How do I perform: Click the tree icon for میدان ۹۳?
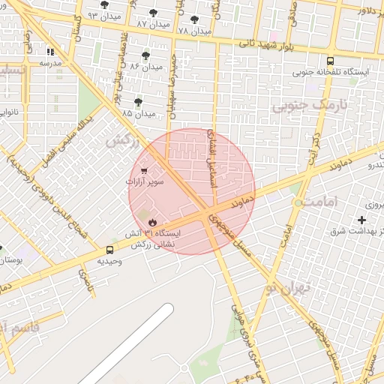[x=104, y=5]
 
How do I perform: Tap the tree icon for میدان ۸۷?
[x=154, y=13]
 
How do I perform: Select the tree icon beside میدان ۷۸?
[x=195, y=20]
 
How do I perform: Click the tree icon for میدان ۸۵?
[x=138, y=101]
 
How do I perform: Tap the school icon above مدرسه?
[x=50, y=52]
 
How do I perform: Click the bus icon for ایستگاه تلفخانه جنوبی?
[x=330, y=61]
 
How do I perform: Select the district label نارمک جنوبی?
[x=301, y=105]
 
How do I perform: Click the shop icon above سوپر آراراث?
[x=143, y=171]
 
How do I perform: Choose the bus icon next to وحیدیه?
[x=110, y=250]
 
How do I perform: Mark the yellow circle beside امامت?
[x=298, y=203]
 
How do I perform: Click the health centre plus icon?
[x=363, y=220]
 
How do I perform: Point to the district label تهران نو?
[x=289, y=287]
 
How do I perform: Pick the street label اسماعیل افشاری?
[x=212, y=157]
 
